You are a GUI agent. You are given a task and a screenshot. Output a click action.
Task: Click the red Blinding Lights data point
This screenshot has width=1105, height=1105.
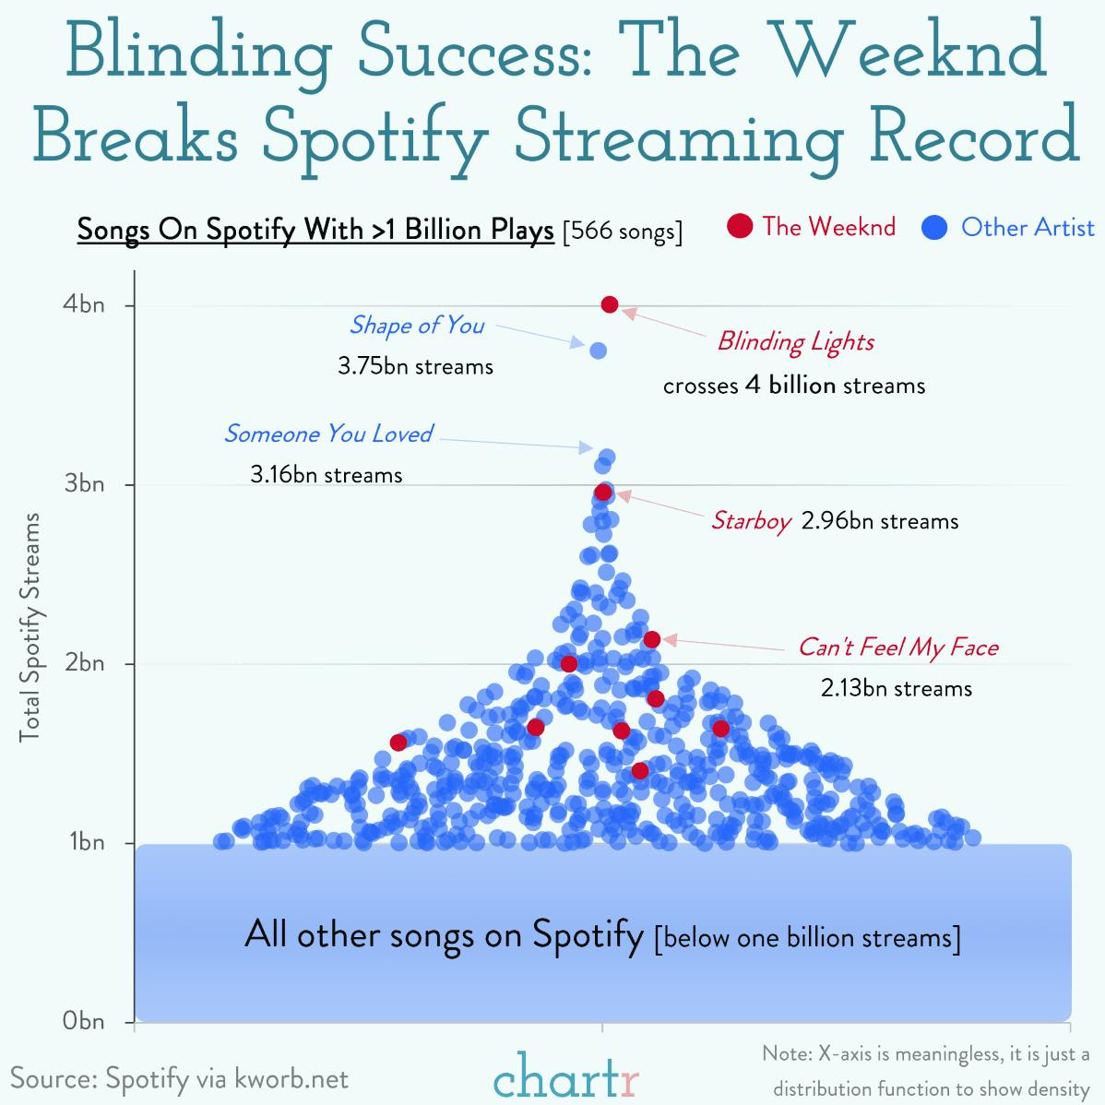609,304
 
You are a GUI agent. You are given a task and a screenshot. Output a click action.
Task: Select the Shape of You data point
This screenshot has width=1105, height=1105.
598,351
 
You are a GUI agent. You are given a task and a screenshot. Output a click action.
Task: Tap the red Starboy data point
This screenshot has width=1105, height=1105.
603,492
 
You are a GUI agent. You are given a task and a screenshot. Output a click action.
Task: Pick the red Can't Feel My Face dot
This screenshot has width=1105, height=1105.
651,639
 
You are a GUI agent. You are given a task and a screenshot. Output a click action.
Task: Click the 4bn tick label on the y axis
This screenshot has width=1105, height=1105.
84,305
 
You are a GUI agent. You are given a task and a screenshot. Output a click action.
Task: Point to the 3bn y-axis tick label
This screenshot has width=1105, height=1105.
84,484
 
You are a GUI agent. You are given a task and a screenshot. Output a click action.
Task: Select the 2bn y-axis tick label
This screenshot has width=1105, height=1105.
84,663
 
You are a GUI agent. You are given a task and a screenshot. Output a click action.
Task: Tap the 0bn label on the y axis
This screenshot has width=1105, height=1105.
84,1021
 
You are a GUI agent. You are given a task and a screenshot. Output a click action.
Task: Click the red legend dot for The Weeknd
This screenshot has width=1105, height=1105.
740,227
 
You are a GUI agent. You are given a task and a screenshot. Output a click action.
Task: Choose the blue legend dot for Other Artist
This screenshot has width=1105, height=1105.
935,228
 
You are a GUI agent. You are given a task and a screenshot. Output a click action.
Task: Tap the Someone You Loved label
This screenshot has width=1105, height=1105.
327,434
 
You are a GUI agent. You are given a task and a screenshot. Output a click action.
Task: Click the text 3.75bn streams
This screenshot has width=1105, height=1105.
415,366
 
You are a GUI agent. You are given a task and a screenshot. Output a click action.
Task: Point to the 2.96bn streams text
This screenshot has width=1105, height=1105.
879,521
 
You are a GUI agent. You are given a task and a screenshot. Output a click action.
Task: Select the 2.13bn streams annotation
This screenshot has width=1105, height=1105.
897,688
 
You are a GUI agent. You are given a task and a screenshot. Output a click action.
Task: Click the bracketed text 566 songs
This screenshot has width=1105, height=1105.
623,230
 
